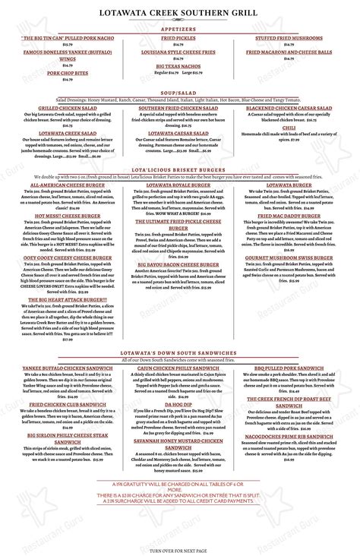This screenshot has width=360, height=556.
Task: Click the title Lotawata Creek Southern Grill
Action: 180,12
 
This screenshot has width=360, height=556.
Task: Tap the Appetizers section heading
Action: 180,26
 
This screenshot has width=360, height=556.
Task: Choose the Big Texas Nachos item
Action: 178,66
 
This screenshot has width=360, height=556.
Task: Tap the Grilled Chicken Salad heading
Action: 69,109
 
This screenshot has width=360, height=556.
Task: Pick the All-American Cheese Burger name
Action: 69,185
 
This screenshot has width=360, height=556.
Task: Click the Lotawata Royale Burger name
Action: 178,185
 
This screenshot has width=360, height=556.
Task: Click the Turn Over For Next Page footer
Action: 180,549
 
